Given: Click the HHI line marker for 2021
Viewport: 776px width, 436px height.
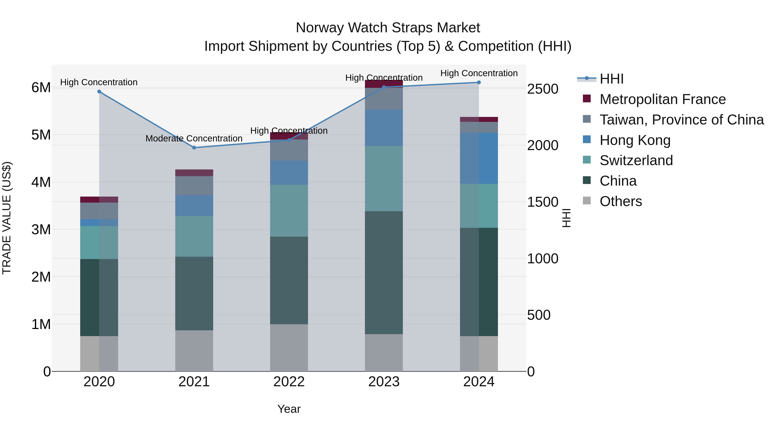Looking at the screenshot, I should coord(194,148).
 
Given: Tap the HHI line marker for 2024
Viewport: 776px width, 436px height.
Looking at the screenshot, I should coord(479,82).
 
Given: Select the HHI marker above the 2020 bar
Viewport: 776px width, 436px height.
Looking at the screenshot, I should coord(99,92).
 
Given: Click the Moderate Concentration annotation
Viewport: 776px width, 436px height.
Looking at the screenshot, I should coord(194,138).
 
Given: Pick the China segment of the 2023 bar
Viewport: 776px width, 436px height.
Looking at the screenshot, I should coord(384,272).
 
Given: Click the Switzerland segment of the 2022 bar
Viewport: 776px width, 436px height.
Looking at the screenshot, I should coord(289,210).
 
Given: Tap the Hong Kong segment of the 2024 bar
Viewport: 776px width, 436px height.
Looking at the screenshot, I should coord(479,158).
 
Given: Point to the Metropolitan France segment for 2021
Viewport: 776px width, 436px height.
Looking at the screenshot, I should coord(194,173).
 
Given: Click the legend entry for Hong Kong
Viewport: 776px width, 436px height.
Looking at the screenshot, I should coord(635,140).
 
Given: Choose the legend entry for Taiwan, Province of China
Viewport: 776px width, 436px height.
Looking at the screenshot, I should coord(681,120).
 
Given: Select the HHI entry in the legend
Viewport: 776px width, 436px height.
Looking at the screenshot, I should coord(611,79).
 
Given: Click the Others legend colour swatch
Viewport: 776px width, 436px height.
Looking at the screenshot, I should coord(587,201).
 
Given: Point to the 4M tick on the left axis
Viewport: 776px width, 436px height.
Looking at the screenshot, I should coord(41,182).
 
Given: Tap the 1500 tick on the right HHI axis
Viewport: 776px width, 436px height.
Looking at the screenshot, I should coord(543,202).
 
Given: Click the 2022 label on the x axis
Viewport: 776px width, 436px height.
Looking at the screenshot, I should coord(289,382).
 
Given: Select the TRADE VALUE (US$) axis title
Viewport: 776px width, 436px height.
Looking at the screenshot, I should coord(7,218).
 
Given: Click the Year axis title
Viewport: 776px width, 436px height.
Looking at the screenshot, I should coord(289,409).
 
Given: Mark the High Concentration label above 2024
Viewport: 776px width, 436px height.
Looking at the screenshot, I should coord(479,73).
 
